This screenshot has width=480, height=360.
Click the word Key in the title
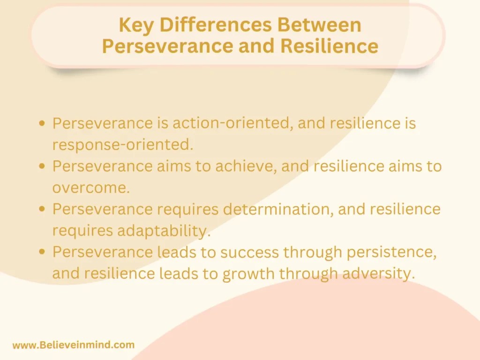[x=134, y=25]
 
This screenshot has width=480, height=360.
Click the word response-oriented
[x=123, y=145]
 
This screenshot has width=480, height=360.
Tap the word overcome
[x=91, y=187]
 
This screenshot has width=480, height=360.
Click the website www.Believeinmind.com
[x=73, y=345]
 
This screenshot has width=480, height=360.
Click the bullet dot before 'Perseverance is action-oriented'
[x=43, y=124]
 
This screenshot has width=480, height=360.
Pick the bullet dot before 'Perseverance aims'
[x=43, y=166]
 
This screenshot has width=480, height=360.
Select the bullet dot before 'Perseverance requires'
[x=43, y=209]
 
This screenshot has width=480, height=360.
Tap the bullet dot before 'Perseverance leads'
[x=43, y=252]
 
